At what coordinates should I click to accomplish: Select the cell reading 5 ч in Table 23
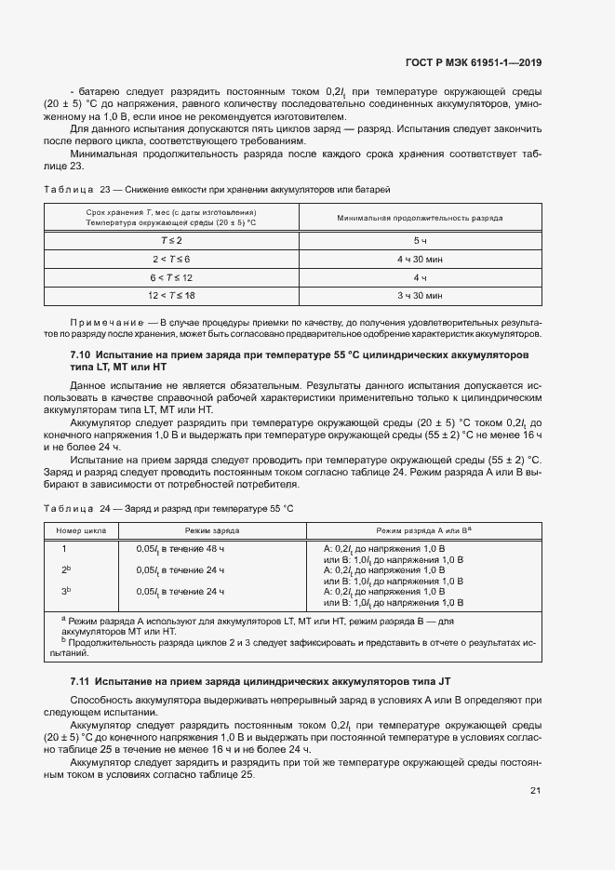419,240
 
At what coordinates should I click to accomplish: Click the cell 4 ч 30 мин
419,259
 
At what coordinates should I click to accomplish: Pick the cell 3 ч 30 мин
419,296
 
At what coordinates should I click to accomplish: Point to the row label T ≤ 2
171,240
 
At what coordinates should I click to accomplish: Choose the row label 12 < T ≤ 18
171,296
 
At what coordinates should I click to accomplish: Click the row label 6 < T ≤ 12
171,277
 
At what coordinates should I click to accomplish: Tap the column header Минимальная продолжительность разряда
419,218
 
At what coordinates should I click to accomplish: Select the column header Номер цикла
81,529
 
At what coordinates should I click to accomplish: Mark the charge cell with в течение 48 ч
180,549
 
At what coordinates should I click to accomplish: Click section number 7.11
80,682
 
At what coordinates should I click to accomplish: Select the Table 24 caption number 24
105,508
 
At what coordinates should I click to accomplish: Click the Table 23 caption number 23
105,189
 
